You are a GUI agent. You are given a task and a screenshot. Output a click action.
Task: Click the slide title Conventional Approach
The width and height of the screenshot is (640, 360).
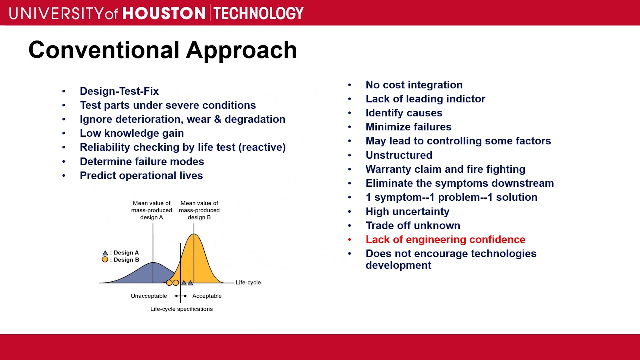[163, 51]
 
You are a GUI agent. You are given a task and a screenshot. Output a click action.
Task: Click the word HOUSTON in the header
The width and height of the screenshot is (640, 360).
[164, 13]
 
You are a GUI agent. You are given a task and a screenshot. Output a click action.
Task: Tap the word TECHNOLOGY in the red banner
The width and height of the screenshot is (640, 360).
[258, 13]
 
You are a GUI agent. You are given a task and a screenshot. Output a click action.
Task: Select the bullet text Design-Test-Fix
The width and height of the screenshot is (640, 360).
[119, 91]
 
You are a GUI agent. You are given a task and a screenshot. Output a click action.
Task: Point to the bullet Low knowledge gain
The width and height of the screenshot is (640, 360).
[132, 133]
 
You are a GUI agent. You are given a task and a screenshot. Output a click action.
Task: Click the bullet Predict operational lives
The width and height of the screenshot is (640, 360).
[141, 175]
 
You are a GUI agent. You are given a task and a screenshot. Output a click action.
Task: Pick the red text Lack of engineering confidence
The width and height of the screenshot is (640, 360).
[445, 239]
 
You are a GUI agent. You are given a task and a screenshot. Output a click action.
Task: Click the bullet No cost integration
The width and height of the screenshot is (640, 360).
[414, 85]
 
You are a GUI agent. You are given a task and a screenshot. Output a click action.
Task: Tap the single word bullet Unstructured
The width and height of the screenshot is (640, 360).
[399, 155]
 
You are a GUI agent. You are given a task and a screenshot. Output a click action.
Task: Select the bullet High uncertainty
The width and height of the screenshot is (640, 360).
[407, 211]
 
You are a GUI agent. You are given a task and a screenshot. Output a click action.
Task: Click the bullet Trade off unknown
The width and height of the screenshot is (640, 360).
[413, 225]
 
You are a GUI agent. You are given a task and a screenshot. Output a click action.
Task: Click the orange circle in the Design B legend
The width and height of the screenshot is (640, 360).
[105, 259]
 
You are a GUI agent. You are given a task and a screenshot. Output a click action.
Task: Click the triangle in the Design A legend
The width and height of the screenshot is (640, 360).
[105, 253]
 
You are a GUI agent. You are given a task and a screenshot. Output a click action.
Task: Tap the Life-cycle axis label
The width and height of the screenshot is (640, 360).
[248, 282]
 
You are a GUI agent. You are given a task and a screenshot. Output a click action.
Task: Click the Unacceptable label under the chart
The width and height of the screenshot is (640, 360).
[149, 296]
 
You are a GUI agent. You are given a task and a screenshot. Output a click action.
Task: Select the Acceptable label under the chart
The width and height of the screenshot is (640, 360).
[207, 296]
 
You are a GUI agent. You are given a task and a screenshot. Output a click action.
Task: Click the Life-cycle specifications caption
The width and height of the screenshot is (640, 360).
[181, 309]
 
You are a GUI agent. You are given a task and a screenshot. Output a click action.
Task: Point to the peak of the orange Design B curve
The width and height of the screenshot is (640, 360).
[194, 234]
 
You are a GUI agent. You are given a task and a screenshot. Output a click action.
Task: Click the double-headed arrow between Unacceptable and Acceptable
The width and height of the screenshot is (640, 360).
[181, 296]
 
